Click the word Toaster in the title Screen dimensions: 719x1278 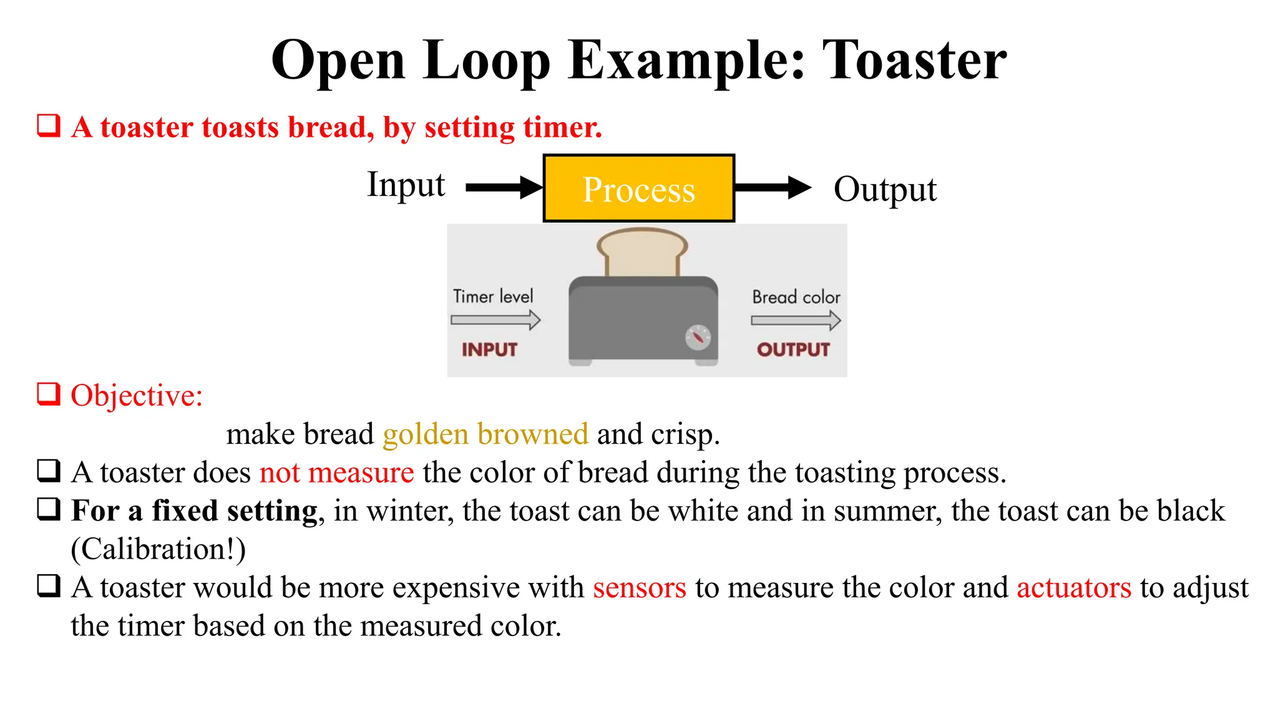(914, 61)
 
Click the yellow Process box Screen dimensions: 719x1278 (638, 188)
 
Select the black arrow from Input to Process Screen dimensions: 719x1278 (503, 187)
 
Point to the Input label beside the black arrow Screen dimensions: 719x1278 (406, 185)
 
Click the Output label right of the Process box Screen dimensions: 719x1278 (885, 190)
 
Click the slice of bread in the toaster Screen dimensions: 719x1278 (642, 252)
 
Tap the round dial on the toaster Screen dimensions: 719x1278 (698, 338)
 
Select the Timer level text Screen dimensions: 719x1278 (493, 296)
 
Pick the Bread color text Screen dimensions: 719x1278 (796, 297)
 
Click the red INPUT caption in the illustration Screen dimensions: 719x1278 (490, 350)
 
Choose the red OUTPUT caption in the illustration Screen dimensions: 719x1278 (793, 350)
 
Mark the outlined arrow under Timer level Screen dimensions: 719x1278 (495, 320)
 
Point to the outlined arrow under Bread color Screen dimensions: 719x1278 (796, 321)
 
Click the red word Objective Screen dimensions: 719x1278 (137, 396)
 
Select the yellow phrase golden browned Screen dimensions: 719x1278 (485, 434)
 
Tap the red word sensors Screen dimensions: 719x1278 (639, 588)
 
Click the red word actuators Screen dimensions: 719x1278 (1073, 588)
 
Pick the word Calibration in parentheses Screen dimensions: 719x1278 (159, 550)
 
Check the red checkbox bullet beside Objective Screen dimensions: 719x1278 (49, 394)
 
